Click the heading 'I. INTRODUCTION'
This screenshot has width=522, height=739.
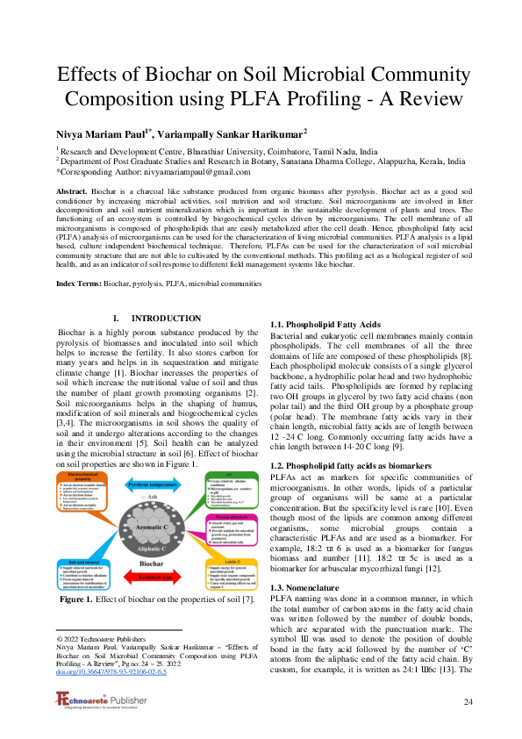[158, 318]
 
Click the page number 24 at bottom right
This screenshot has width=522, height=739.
[468, 701]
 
